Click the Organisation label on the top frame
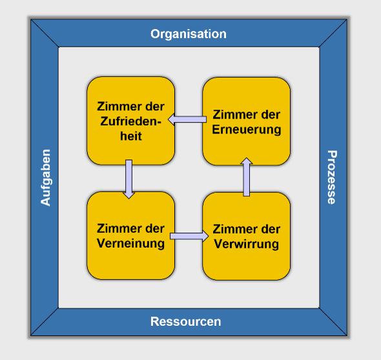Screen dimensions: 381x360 coord(189,34)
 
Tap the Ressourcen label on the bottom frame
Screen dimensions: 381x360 coord(185,321)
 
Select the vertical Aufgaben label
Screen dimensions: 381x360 coord(45,177)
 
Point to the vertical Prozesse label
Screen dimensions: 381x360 coord(332,177)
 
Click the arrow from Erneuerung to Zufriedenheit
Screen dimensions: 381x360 coord(187,119)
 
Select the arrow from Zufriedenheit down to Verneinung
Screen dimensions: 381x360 coord(129,179)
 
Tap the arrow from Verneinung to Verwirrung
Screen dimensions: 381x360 coord(189,236)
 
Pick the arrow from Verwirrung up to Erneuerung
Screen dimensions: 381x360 coord(247,177)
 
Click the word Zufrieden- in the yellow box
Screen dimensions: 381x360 coord(130,121)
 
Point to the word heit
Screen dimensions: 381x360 coord(130,136)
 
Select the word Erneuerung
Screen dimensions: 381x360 coord(247,130)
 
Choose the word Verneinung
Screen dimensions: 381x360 coord(130,243)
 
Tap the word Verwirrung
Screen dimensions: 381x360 coord(247,244)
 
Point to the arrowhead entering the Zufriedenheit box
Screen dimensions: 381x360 coord(171,119)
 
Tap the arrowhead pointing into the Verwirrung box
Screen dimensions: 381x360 coord(205,236)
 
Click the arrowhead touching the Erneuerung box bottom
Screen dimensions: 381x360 coord(247,161)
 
